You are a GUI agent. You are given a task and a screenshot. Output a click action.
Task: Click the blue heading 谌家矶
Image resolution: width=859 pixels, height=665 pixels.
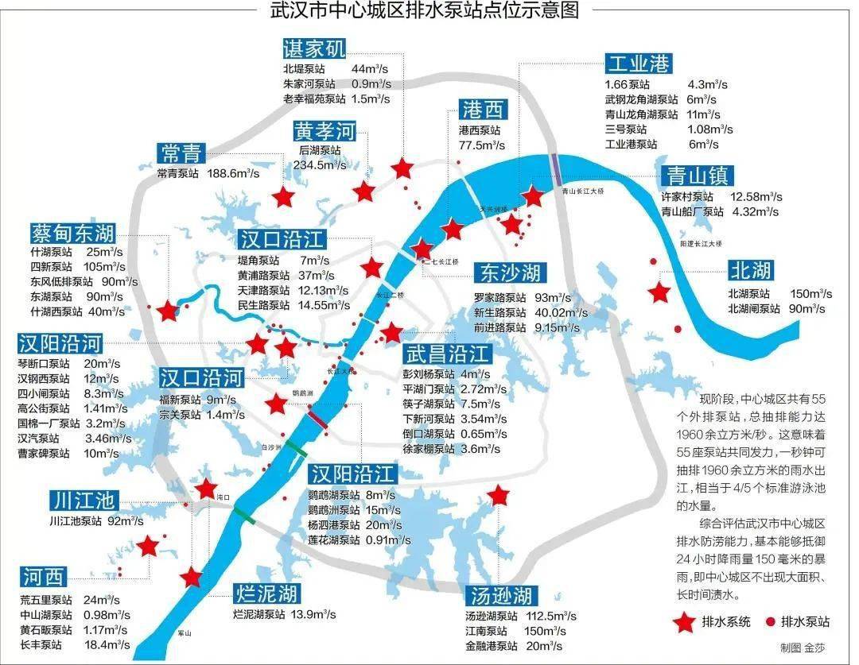314,49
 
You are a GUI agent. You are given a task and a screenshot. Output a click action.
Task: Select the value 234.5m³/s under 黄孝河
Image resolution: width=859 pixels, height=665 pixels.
319,165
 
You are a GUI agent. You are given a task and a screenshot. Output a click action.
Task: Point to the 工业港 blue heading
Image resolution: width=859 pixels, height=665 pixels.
638,64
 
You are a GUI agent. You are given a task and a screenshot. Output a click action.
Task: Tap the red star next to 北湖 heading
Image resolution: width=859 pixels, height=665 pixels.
659,292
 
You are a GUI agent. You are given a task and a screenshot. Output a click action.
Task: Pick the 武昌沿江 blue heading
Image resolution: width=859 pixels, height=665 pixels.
447,353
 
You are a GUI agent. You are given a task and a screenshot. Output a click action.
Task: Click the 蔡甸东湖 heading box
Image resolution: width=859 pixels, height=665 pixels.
73,233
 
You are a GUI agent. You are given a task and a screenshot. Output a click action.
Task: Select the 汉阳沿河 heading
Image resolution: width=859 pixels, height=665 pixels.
60,343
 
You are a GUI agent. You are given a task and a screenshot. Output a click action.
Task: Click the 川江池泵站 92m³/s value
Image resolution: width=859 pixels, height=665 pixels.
125,521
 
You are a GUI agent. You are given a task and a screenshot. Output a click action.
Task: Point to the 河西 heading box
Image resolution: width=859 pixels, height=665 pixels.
44,576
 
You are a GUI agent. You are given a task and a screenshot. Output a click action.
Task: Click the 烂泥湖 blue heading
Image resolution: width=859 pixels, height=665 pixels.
266,593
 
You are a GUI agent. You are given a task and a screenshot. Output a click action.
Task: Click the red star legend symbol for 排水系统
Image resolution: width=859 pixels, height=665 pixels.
682,623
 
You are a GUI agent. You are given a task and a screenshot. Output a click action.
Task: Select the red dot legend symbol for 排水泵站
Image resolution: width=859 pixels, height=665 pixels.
770,622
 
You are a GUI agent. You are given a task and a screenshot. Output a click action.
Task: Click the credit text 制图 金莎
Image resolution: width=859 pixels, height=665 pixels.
803,648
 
